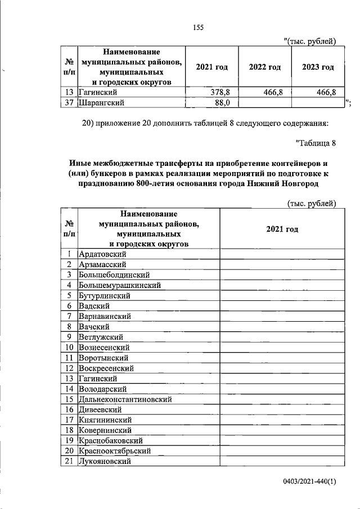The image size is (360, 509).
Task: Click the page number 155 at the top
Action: click(197, 28)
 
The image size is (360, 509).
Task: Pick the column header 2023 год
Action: click(318, 67)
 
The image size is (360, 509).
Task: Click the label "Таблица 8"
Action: click(316, 143)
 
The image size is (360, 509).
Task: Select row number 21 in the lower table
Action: click(70, 462)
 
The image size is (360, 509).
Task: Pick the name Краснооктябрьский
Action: click(115, 451)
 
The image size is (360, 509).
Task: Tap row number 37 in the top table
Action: click(70, 102)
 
